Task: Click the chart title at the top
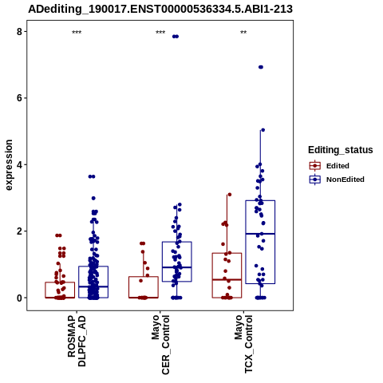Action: tap(160, 9)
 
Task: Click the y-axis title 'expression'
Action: tap(9, 165)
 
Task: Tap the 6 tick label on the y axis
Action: tap(19, 98)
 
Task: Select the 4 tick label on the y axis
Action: tap(19, 164)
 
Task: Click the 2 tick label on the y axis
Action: tap(19, 231)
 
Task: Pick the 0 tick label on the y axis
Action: tap(19, 298)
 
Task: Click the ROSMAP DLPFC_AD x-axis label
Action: tap(77, 341)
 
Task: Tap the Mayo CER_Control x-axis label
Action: tap(160, 345)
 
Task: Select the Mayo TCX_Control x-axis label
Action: tap(243, 344)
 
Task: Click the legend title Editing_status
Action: tap(340, 150)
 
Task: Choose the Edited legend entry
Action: tap(329, 166)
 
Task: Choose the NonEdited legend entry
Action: tap(337, 180)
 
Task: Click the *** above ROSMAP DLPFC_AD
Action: tap(77, 33)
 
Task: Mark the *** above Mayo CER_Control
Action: tap(160, 33)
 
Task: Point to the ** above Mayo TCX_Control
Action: tap(243, 33)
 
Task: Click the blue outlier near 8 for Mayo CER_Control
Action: tap(176, 37)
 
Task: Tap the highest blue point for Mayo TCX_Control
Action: tap(261, 67)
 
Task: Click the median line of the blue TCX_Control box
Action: tap(260, 234)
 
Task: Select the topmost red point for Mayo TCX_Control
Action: tap(230, 195)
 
